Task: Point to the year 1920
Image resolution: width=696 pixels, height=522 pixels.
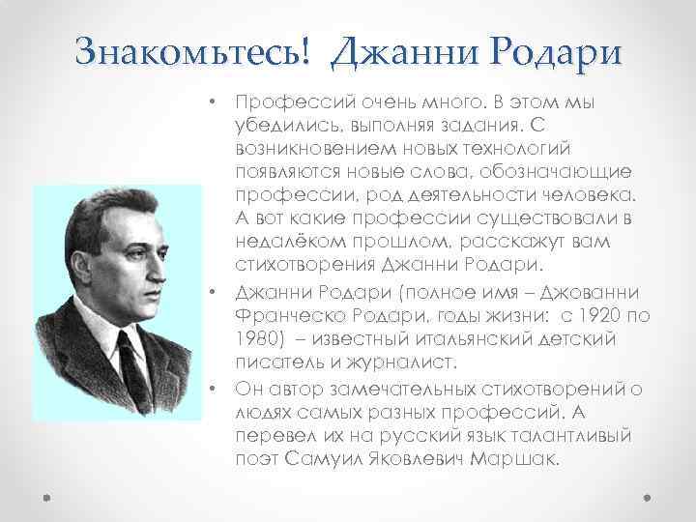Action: point(612,317)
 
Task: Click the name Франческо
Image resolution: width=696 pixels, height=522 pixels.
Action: point(279,317)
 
